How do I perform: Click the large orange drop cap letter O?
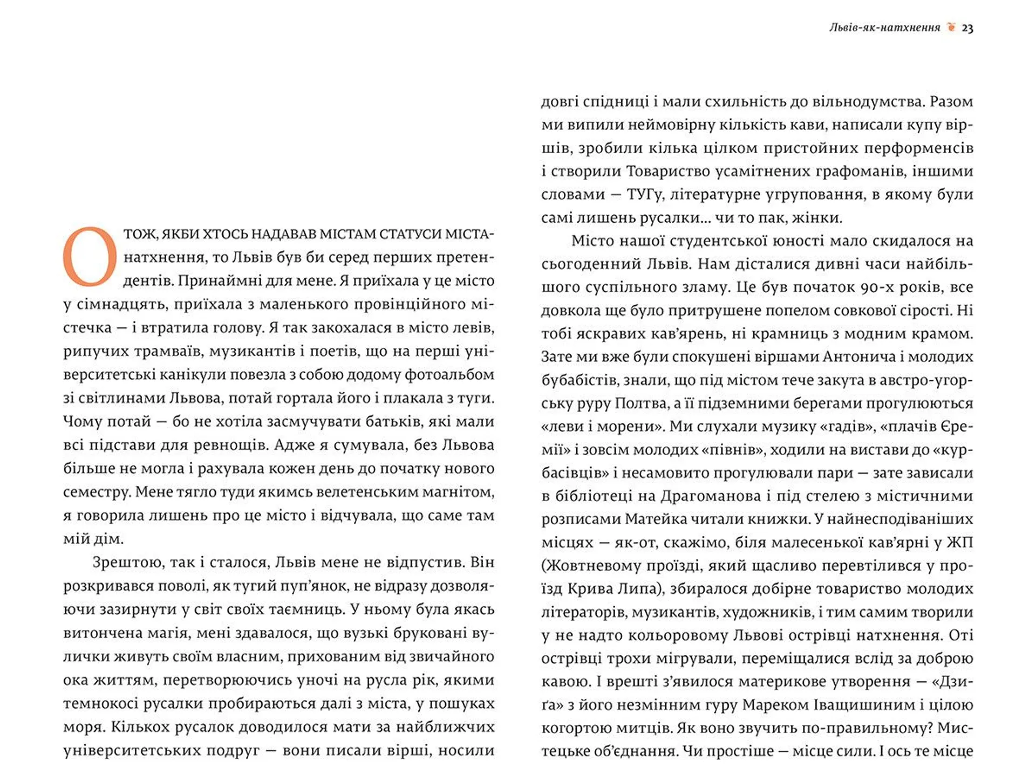pyautogui.click(x=90, y=257)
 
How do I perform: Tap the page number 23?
pyautogui.click(x=967, y=28)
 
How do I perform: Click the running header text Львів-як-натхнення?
pyautogui.click(x=884, y=28)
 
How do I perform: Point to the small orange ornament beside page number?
pyautogui.click(x=951, y=27)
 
